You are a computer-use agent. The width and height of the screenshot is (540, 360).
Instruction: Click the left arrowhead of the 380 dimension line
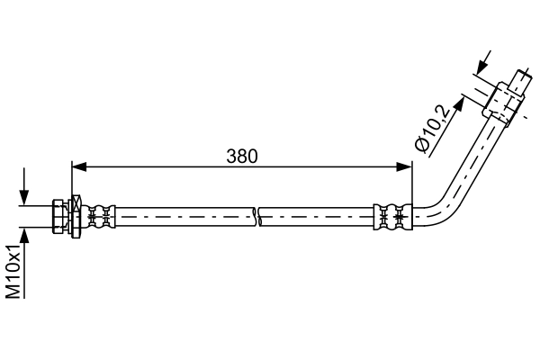[x=78, y=166]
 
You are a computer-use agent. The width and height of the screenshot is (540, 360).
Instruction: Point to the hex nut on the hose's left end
[x=60, y=216]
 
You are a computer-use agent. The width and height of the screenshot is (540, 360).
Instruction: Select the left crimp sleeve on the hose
[x=101, y=216]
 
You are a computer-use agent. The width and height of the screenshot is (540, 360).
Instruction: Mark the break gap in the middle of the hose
[x=256, y=216]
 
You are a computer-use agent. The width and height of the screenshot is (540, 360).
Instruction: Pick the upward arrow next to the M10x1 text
[x=24, y=236]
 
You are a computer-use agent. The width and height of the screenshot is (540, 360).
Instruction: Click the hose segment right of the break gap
[x=315, y=216]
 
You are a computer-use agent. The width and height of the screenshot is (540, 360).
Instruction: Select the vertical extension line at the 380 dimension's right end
[x=412, y=184]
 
